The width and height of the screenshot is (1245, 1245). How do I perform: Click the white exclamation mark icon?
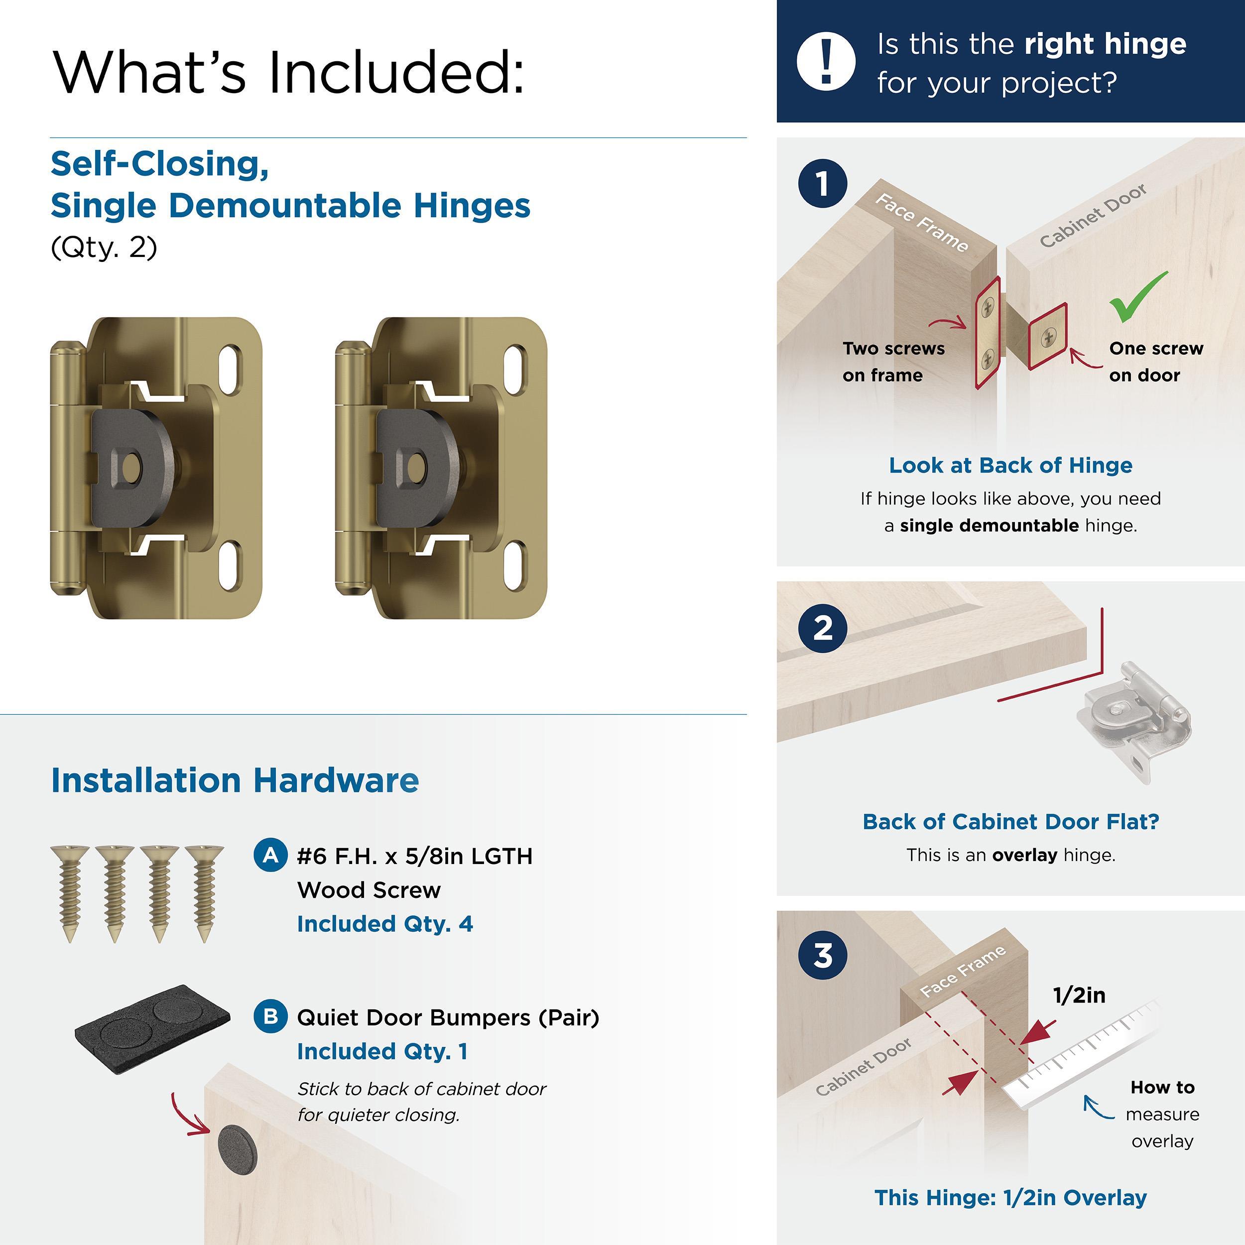pyautogui.click(x=826, y=61)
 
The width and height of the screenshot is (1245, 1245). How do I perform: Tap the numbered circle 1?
pyautogui.click(x=822, y=184)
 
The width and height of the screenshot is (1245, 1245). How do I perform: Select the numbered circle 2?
pyautogui.click(x=822, y=628)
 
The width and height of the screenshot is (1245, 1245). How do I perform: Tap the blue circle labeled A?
pyautogui.click(x=270, y=855)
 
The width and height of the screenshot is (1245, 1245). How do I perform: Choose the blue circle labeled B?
pyautogui.click(x=270, y=1016)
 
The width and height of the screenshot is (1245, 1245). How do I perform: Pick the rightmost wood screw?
pyautogui.click(x=204, y=892)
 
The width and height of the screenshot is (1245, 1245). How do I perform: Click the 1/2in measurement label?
pyautogui.click(x=1079, y=995)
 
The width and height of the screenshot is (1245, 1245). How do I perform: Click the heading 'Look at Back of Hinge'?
pyautogui.click(x=1010, y=465)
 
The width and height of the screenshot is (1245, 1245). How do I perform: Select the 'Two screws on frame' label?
pyautogui.click(x=892, y=362)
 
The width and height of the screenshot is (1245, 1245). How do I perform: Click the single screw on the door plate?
pyautogui.click(x=1048, y=336)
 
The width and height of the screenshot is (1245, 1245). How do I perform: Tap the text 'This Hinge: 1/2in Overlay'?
pyautogui.click(x=1010, y=1197)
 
